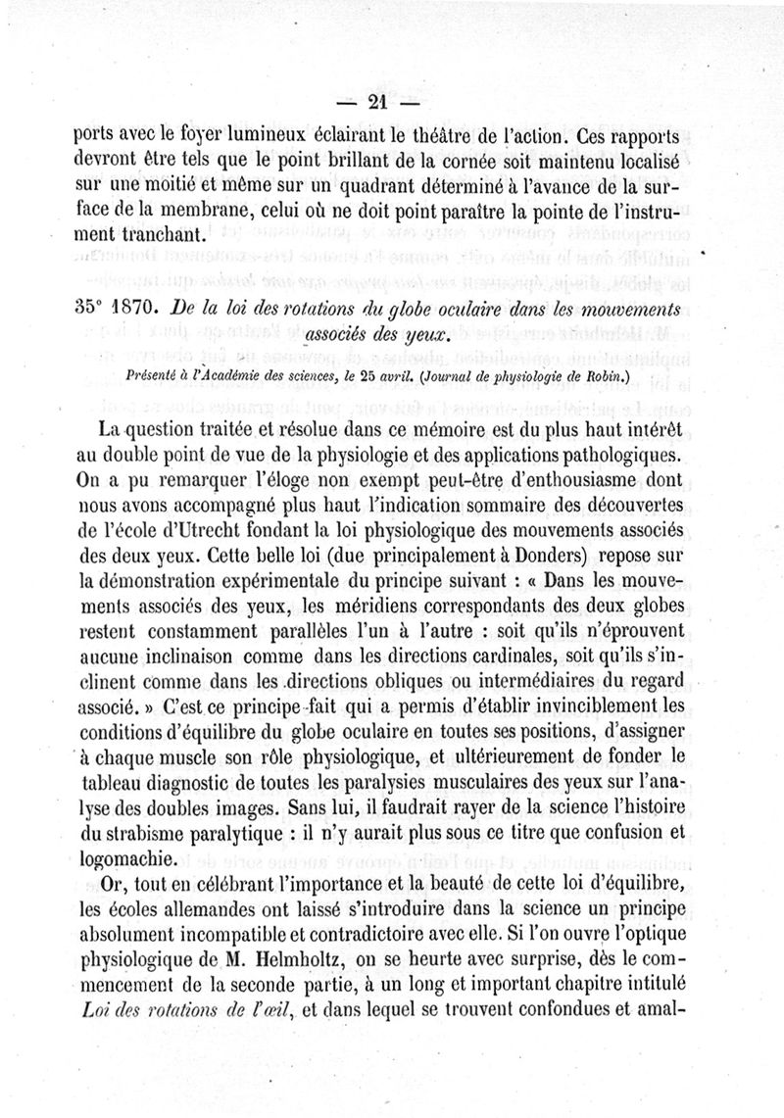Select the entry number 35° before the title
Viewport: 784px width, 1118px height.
coord(89,304)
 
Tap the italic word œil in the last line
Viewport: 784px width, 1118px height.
coord(268,1001)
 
